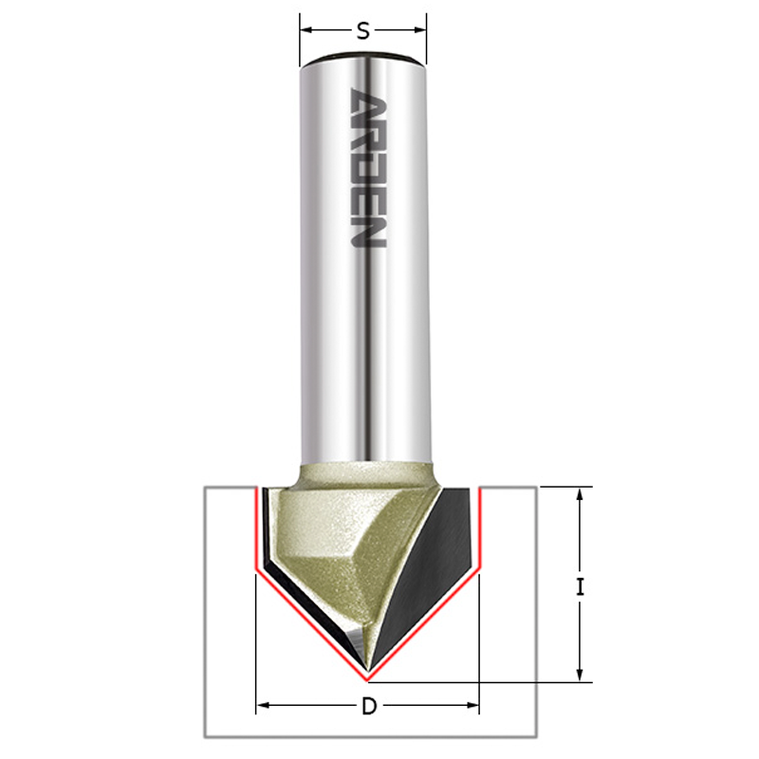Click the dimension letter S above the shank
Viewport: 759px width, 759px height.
click(x=363, y=31)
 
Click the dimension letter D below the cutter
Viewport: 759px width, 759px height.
click(x=369, y=707)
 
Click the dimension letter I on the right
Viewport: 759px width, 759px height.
click(x=581, y=587)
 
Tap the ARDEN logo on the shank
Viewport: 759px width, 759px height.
click(x=367, y=168)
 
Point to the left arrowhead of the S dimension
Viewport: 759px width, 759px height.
click(x=305, y=30)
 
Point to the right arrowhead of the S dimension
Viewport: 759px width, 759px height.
click(x=420, y=30)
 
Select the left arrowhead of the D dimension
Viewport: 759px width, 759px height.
click(x=262, y=706)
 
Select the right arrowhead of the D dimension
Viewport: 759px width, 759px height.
click(x=472, y=706)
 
